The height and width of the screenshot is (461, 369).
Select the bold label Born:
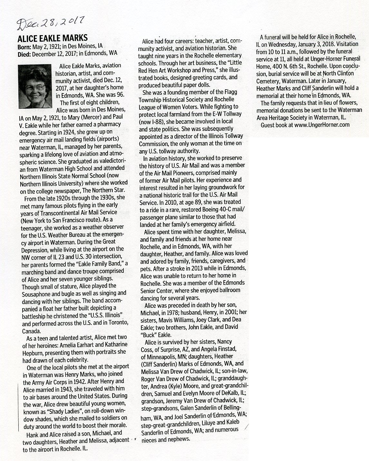(x=24, y=46)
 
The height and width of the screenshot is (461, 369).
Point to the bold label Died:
(x=24, y=53)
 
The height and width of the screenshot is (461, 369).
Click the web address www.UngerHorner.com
(x=322, y=125)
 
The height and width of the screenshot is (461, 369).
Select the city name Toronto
(x=118, y=323)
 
